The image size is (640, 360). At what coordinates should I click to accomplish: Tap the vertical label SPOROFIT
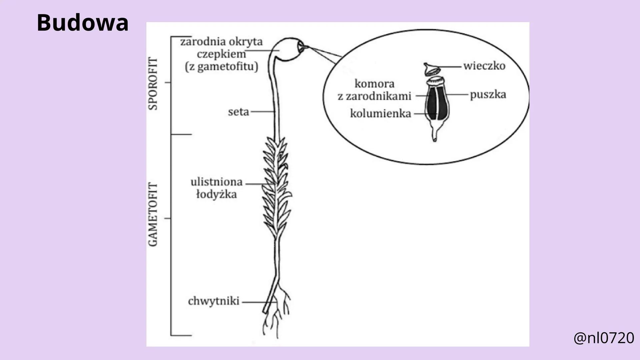[153, 83]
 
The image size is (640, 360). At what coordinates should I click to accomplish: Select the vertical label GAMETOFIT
[153, 214]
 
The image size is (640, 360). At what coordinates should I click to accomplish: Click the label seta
[238, 112]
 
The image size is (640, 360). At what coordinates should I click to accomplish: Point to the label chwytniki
[213, 301]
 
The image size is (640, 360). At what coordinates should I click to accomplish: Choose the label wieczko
[484, 66]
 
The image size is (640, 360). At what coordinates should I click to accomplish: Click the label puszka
[488, 95]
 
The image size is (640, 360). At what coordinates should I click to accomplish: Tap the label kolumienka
[380, 114]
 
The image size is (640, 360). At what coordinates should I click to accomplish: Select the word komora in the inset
[374, 83]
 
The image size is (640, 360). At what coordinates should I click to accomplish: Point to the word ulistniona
[216, 182]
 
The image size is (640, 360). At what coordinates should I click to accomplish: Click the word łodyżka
[216, 194]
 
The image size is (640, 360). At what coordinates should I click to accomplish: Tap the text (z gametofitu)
[221, 67]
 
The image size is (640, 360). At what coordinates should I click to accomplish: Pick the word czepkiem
[221, 54]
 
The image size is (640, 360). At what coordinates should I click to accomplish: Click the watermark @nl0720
[604, 338]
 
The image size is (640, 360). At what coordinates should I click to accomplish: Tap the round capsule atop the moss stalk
[289, 49]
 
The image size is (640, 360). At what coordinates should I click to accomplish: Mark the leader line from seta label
[263, 112]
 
